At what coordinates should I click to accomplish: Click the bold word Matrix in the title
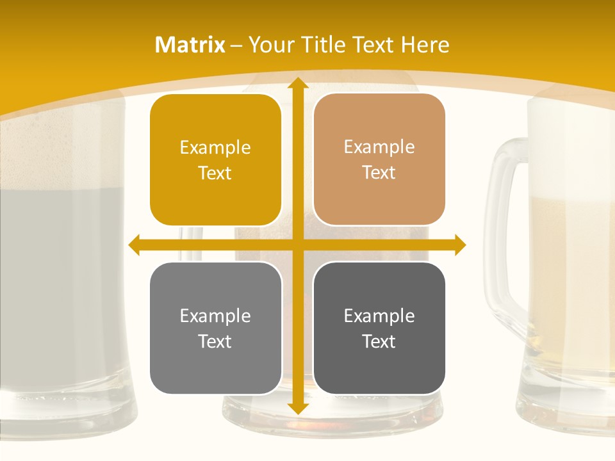190,45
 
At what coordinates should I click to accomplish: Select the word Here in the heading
425,45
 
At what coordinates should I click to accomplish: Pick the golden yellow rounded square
215,160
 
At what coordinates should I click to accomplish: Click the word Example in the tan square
379,147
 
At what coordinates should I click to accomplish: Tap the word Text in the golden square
215,174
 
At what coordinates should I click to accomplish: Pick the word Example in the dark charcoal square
379,316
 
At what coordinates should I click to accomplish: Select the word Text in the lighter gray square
215,342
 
